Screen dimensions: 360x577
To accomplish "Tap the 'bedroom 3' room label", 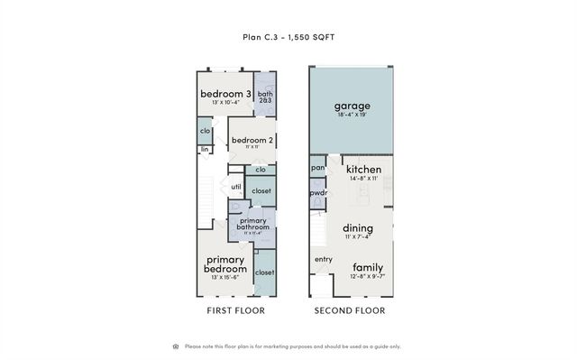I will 224,94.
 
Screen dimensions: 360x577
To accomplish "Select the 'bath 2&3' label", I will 265,97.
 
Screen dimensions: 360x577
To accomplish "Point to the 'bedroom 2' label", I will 252,141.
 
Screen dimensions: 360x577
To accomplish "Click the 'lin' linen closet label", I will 206,149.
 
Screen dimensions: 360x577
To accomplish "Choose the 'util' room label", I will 236,187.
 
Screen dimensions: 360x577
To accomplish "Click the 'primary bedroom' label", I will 224,264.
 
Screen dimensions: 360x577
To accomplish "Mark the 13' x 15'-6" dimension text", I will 224,278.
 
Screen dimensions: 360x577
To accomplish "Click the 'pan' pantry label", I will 317,168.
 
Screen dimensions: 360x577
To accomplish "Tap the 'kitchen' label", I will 363,169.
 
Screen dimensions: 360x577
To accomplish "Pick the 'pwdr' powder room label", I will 317,193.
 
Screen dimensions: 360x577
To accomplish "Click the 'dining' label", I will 357,228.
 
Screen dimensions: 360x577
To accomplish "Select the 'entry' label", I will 324,260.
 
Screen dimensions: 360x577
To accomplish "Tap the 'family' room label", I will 367,267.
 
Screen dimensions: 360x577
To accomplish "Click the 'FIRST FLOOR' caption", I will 234,310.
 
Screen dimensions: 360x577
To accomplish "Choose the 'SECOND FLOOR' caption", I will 349,310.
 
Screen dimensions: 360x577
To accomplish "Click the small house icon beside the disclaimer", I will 175,346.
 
